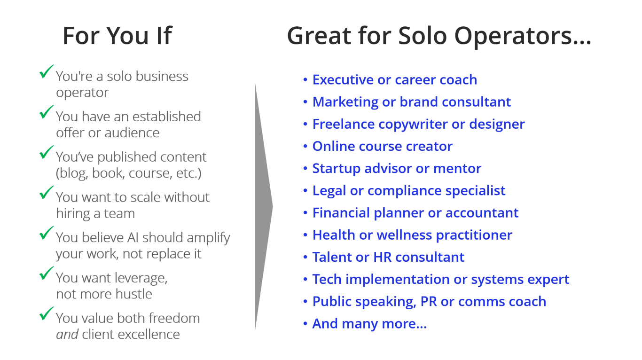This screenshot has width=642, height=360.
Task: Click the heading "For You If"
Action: (117, 36)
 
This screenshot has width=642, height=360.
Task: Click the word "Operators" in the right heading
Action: (523, 36)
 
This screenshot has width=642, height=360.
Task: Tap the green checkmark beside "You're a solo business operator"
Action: (46, 71)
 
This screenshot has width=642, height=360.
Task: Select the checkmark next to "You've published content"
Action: (46, 152)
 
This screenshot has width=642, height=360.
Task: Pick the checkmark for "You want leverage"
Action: (46, 273)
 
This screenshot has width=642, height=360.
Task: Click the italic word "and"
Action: (67, 334)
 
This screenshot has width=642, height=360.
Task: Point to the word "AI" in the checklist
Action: (133, 237)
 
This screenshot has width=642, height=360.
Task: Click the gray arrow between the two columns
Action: (264, 206)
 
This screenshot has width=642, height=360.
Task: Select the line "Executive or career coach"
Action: (395, 80)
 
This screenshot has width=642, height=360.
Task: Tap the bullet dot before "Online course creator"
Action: (305, 146)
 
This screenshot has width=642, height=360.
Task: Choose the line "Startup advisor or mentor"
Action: (397, 169)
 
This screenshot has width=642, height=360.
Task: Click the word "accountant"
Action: (482, 213)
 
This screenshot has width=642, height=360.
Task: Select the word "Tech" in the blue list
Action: (327, 279)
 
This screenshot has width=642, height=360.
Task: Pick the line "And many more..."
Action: (369, 324)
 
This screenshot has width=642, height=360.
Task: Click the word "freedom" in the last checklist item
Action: (174, 318)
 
